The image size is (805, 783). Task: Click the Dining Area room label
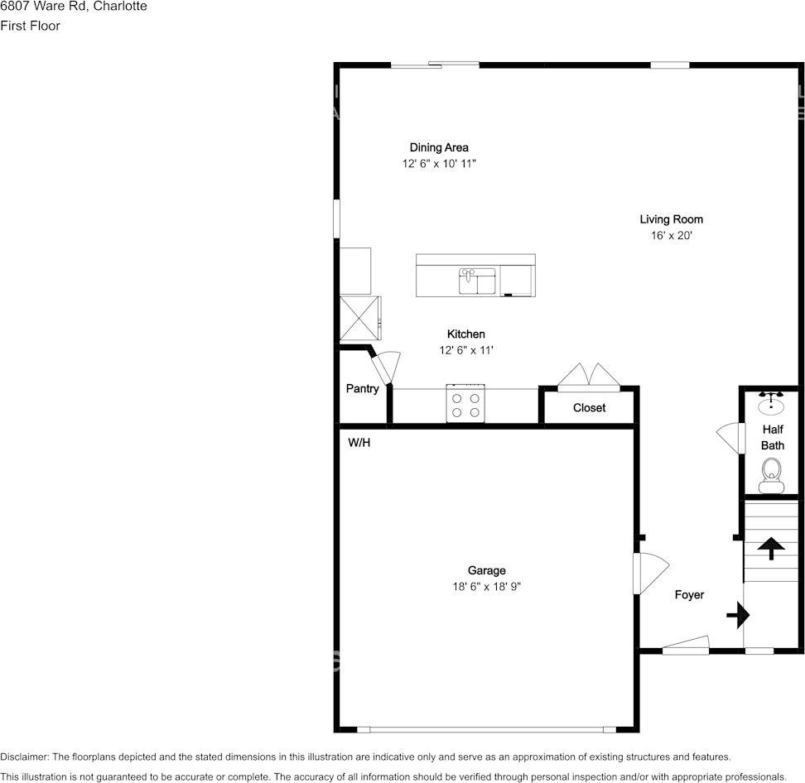[439, 147]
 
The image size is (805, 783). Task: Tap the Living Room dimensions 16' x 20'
[671, 236]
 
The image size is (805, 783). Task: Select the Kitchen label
[465, 334]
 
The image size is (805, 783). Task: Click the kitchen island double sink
[477, 281]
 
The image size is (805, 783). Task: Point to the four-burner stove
[465, 404]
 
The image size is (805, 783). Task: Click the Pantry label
[362, 388]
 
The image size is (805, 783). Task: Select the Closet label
[589, 408]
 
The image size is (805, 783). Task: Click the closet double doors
[589, 377]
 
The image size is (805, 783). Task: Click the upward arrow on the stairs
[771, 547]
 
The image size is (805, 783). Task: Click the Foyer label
[689, 594]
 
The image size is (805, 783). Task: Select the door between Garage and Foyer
[650, 573]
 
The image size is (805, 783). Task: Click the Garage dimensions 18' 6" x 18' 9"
[486, 587]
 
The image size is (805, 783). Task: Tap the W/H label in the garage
[359, 443]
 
